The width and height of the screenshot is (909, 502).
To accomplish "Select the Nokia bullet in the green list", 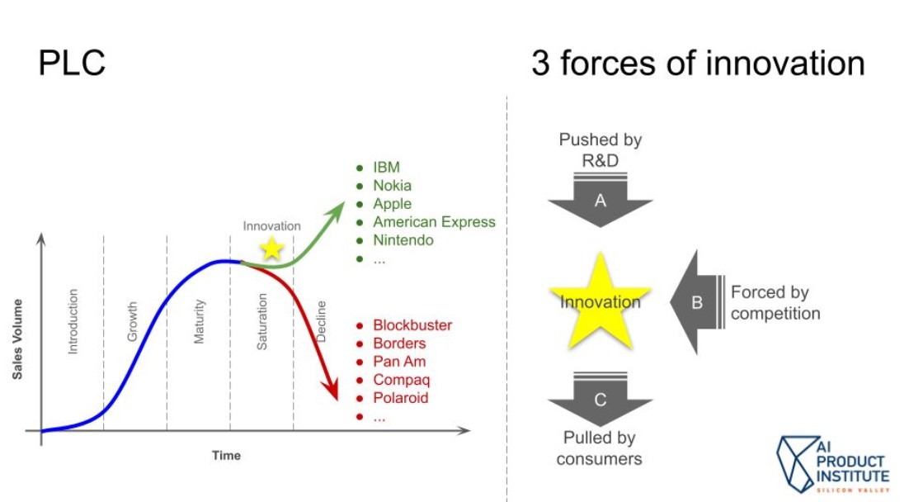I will click(392, 186).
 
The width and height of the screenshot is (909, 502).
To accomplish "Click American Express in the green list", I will click(434, 222).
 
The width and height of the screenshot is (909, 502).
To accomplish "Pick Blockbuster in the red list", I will click(412, 325).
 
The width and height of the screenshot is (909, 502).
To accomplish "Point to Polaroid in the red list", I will click(401, 398).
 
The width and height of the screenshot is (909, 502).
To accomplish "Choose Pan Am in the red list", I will click(399, 362).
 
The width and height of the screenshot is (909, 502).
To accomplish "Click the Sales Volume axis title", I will click(17, 339).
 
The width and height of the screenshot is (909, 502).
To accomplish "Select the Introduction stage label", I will click(73, 321).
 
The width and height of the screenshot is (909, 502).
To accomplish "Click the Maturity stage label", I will click(199, 321).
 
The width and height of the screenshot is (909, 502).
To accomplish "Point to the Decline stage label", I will click(322, 321).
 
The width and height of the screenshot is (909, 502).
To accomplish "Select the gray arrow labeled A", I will click(600, 200).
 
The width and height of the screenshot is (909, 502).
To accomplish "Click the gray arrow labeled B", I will click(695, 302).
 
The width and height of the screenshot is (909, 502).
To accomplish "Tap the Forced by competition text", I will click(775, 302).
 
